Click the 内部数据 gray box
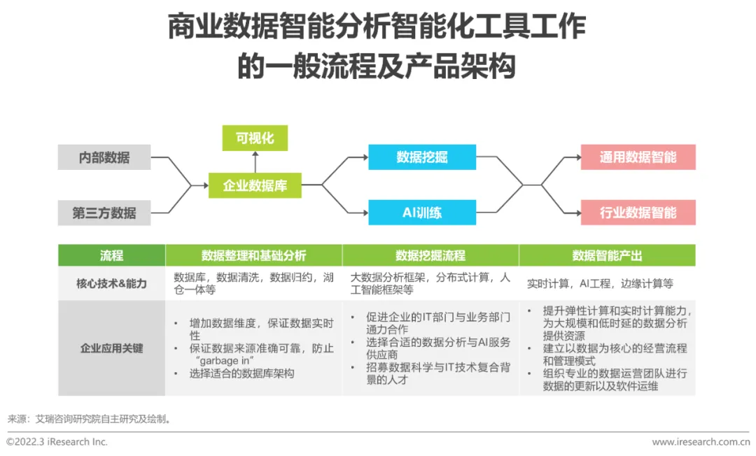pos(104,157)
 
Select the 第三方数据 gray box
pos(104,213)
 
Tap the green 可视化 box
pos(255,138)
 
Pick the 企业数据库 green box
pos(255,185)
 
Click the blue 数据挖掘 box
pos(422,157)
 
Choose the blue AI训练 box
pos(422,213)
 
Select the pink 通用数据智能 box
pos(638,157)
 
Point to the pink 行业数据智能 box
pos(638,213)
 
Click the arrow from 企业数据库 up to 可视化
pos(255,162)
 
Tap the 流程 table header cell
pos(111,255)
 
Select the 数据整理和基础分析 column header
pos(253,255)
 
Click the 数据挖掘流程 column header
pos(430,255)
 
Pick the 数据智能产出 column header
pos(607,255)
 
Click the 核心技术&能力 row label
pos(111,283)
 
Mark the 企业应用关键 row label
pos(111,348)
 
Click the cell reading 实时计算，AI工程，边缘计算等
pos(600,284)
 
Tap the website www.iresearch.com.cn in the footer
pos(700,442)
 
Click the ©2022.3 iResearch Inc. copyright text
pos(57,442)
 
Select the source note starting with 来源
pos(89,419)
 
